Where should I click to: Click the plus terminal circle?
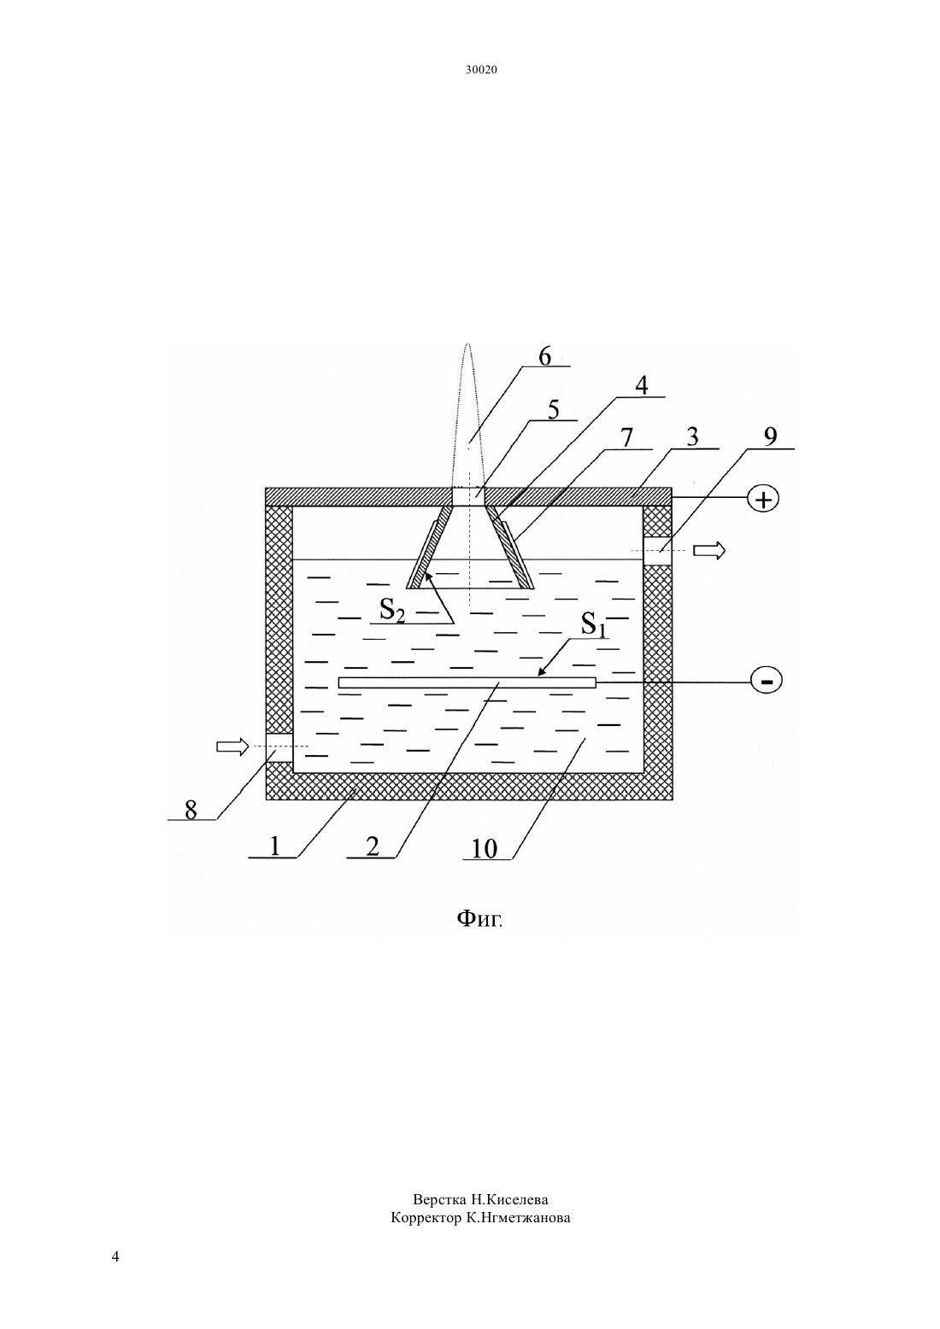(x=763, y=499)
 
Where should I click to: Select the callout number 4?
(x=641, y=386)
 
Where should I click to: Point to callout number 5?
(x=553, y=410)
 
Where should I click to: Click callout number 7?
(x=626, y=438)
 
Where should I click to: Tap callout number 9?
(x=770, y=437)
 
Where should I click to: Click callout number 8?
(x=191, y=810)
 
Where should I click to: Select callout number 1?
(x=274, y=846)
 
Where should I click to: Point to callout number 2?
(x=372, y=846)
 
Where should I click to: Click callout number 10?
(x=484, y=849)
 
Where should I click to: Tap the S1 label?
(x=594, y=624)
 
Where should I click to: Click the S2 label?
(x=392, y=609)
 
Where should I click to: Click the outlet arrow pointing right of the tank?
(x=709, y=551)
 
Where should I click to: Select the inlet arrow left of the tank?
(x=232, y=746)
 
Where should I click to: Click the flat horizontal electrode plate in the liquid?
(x=467, y=683)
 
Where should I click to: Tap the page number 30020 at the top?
(x=481, y=70)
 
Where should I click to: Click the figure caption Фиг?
(x=479, y=919)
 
